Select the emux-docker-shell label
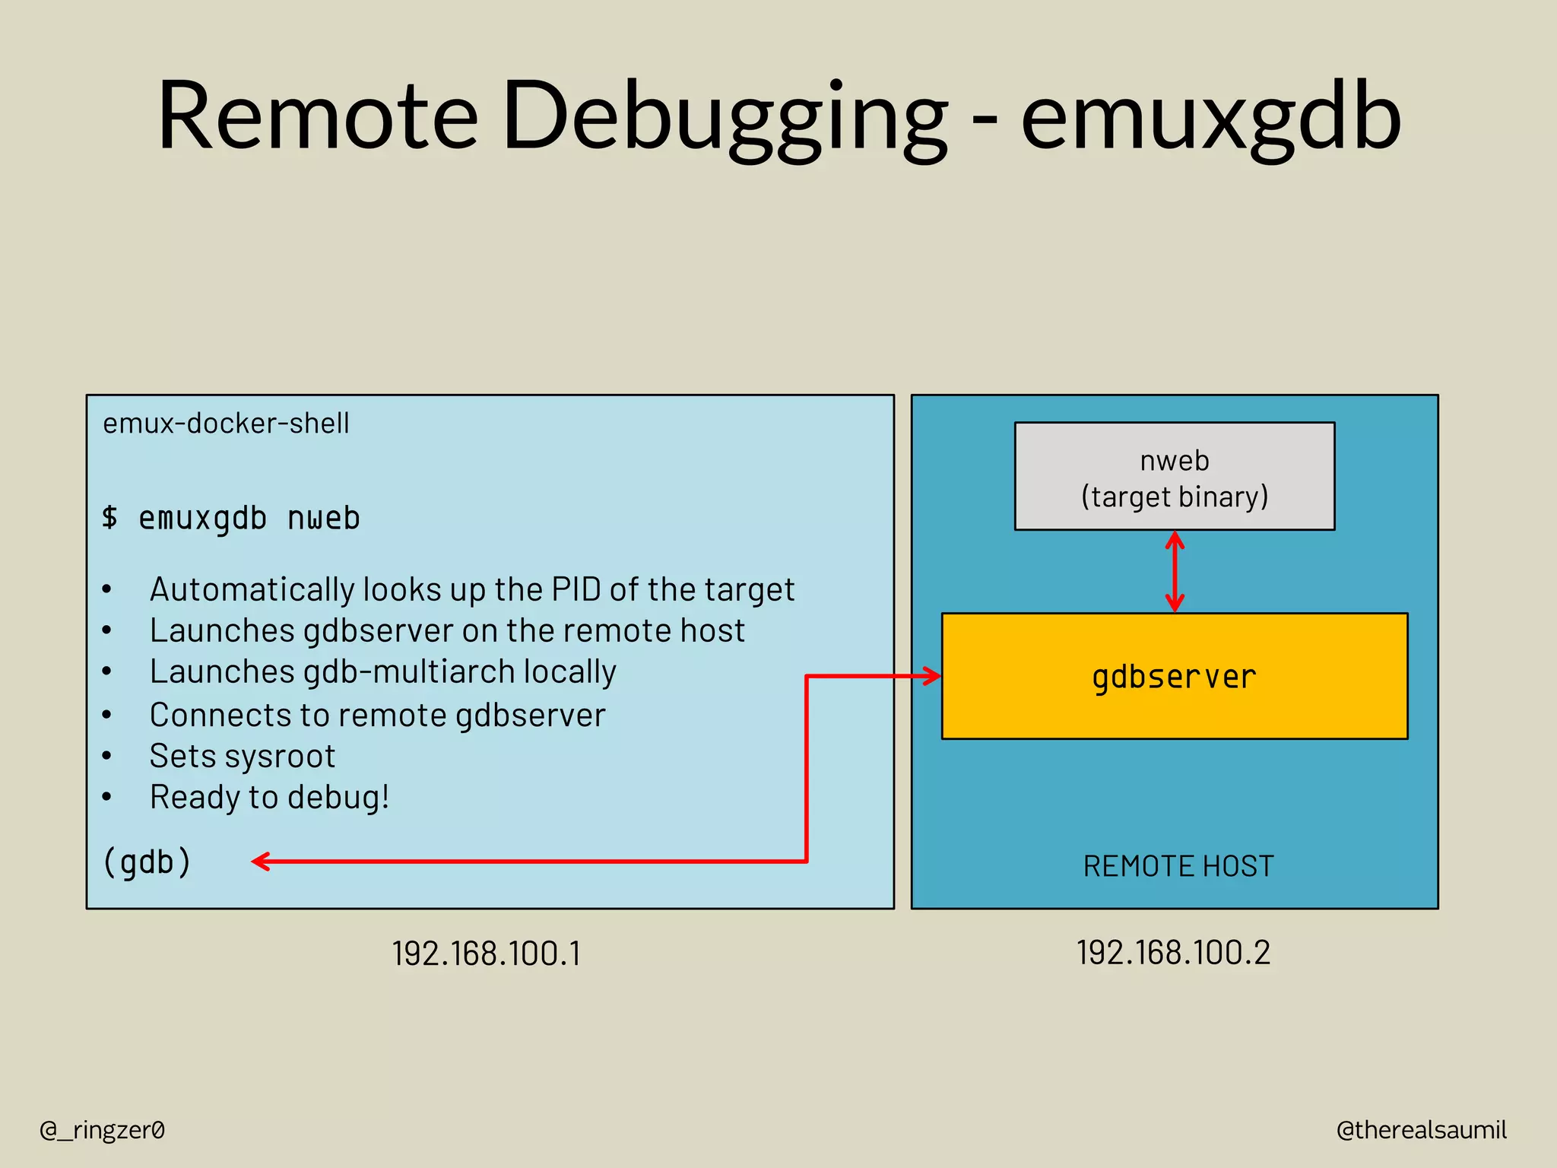pos(226,423)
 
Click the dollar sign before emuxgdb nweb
pos(110,517)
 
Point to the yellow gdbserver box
pos(1175,675)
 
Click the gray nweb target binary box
pos(1175,477)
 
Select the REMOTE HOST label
pos(1178,866)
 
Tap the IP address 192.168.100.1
pos(487,954)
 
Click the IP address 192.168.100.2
pos(1173,953)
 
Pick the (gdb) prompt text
pos(147,862)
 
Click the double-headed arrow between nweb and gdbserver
pos(1175,572)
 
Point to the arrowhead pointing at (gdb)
pos(261,862)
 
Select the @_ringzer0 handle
pos(102,1130)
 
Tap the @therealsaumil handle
pos(1421,1130)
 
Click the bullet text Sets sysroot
pos(242,756)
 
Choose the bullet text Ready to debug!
pos(269,797)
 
